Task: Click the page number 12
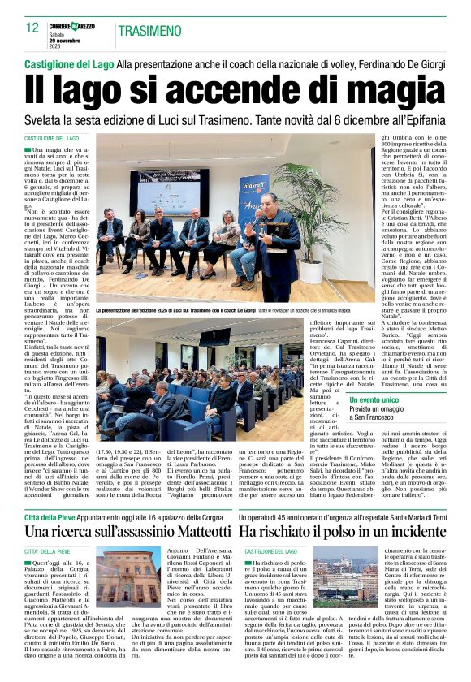click(32, 28)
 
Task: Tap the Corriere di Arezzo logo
click(72, 27)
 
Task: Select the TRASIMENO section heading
click(149, 31)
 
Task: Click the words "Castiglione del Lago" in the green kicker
click(68, 63)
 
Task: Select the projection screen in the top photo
click(168, 191)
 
